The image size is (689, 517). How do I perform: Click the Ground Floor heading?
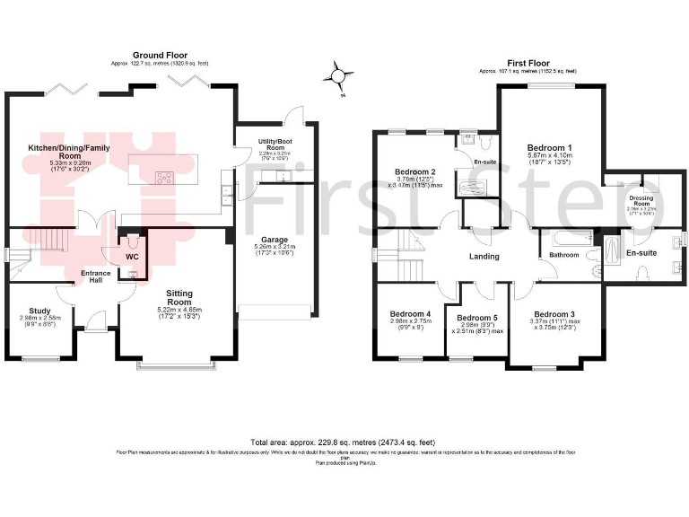pos(159,56)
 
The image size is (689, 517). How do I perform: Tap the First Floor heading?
pos(527,62)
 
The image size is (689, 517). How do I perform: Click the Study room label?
pos(39,308)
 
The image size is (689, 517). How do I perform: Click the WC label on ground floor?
pos(132,256)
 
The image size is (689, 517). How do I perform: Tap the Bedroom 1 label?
pos(549,147)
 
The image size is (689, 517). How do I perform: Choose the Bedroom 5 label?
pos(477,317)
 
